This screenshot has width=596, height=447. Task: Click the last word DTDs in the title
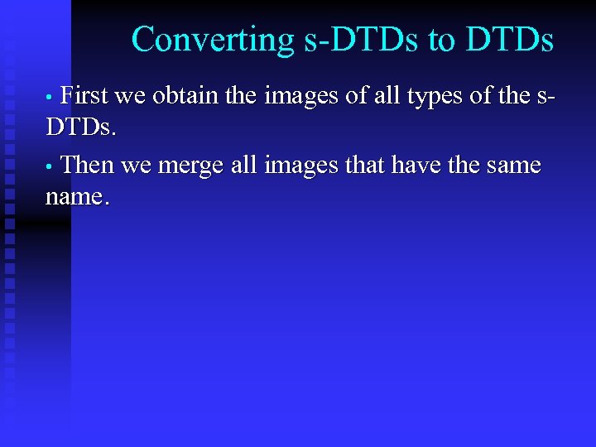(510, 39)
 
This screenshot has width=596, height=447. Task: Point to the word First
(85, 96)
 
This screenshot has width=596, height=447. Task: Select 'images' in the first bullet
(302, 96)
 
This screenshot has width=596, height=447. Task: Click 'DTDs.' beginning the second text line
(81, 128)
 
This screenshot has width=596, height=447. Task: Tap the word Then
(87, 165)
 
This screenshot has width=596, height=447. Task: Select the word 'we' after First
(129, 97)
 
